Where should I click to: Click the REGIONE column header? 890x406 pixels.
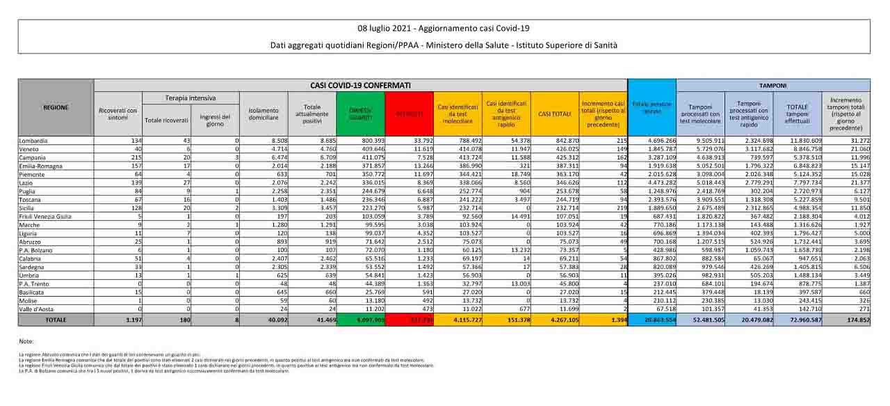tap(56, 108)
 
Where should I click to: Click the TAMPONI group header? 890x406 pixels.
tap(772, 85)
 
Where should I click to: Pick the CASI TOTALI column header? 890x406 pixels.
tap(554, 114)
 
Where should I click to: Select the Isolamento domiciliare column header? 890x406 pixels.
tap(263, 114)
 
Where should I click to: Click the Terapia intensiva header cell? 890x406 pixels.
tap(191, 98)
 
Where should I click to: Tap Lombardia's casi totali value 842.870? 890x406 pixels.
tap(564, 141)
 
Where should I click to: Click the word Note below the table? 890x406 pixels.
tap(26, 341)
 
